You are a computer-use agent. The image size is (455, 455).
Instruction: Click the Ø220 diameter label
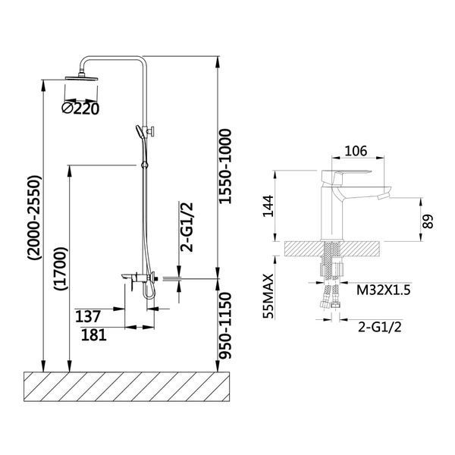80,108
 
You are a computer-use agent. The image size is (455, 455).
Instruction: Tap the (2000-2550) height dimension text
35,218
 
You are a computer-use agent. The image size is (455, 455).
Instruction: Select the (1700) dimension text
61,268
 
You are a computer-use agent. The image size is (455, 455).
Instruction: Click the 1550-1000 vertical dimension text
225,166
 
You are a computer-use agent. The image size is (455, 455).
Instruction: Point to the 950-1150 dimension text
225,325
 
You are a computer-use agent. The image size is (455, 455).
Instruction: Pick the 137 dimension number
88,316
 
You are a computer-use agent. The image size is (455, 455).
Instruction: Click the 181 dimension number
94,334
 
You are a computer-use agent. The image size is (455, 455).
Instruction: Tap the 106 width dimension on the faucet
356,151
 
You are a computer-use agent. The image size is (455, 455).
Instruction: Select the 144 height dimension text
268,206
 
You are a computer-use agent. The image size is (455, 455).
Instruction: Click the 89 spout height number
428,221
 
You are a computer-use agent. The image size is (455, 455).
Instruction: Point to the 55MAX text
268,296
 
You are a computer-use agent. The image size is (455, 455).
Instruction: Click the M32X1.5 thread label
383,290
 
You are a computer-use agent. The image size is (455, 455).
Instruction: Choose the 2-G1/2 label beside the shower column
187,227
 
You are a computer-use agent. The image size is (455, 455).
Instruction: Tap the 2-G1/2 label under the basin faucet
380,327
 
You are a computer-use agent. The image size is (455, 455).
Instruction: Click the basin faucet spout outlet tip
382,198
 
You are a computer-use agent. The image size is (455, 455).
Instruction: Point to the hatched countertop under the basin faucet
333,249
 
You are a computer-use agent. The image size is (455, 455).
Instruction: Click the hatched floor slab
127,387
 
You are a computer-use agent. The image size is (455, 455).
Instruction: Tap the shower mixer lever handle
129,275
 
